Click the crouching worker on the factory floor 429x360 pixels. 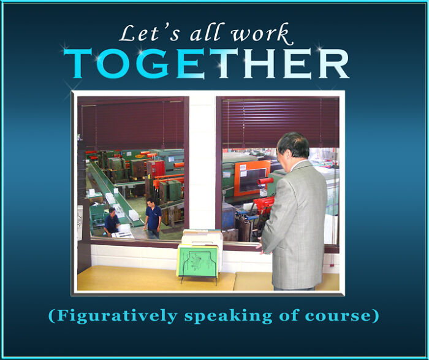pos(112,222)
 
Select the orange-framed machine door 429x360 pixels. pos(251,178)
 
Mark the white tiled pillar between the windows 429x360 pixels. pos(202,166)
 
